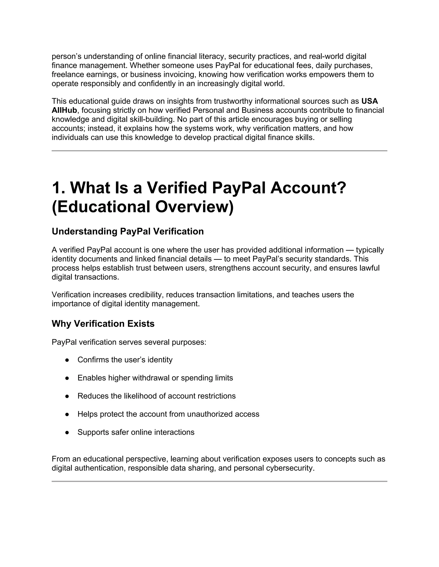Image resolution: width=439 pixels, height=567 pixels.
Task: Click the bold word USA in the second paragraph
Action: pos(369,101)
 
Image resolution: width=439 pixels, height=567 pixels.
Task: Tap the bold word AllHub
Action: pos(64,110)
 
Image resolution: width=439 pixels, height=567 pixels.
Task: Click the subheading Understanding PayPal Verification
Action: pos(128,231)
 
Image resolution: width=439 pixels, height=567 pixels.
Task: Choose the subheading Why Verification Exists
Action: pos(103,324)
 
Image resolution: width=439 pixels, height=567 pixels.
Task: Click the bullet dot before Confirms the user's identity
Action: pos(67,360)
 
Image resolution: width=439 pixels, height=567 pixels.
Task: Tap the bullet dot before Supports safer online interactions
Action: pos(67,432)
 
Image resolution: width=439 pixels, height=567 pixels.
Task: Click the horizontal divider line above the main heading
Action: pos(219,151)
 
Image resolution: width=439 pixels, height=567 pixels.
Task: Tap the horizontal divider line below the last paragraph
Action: pos(219,481)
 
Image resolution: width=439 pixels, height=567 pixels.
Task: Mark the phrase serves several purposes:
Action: pos(162,342)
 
